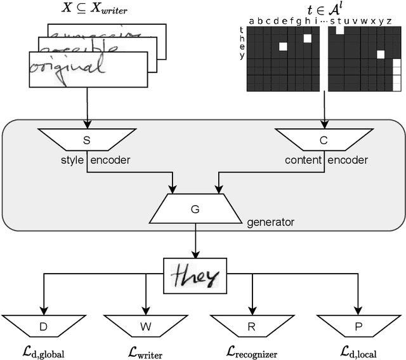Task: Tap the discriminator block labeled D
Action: (x=43, y=326)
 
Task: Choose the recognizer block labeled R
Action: (x=252, y=326)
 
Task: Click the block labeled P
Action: (x=359, y=326)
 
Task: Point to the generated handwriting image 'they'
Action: (x=195, y=276)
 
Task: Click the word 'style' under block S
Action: (x=72, y=160)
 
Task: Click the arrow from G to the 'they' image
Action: (x=195, y=241)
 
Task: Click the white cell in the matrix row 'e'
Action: (x=283, y=46)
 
